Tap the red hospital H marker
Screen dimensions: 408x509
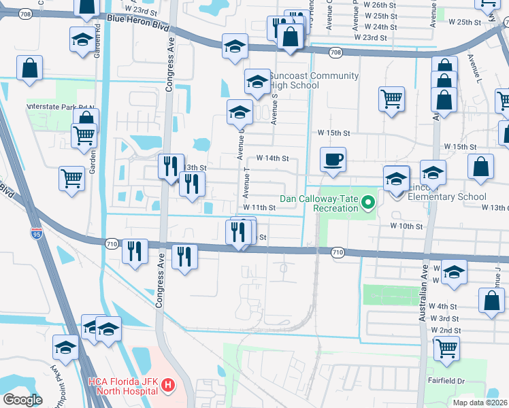pyautogui.click(x=168, y=387)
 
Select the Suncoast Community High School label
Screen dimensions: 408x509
pyautogui.click(x=294, y=80)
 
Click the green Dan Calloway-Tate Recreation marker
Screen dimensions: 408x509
pyautogui.click(x=369, y=202)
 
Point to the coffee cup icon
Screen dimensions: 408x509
pyautogui.click(x=333, y=160)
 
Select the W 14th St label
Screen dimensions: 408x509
pyautogui.click(x=273, y=158)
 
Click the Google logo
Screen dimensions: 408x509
pyautogui.click(x=23, y=400)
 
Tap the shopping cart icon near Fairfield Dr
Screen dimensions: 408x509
pyautogui.click(x=446, y=348)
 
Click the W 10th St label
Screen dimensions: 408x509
pyautogui.click(x=406, y=225)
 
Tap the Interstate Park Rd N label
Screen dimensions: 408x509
pyautogui.click(x=60, y=107)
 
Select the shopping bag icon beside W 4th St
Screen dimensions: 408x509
pyautogui.click(x=491, y=301)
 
